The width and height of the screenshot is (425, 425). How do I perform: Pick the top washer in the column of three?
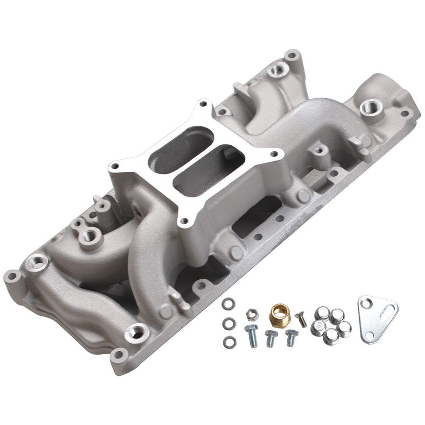pyautogui.click(x=228, y=304)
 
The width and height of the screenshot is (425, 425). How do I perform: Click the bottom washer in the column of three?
pyautogui.click(x=229, y=342)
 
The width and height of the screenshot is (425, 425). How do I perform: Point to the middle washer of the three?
pyautogui.click(x=229, y=324)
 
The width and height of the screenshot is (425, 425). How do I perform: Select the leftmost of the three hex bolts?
pyautogui.click(x=251, y=335)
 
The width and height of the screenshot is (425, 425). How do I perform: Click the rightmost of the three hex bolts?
pyautogui.click(x=291, y=337)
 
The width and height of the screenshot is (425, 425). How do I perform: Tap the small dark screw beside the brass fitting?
pyautogui.click(x=301, y=319)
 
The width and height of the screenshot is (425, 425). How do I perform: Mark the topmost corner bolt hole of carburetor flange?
pyautogui.click(x=203, y=104)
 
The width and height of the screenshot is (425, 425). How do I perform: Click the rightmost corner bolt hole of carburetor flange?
pyautogui.click(x=274, y=155)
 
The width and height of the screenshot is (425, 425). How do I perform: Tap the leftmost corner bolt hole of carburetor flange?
pyautogui.click(x=115, y=166)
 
